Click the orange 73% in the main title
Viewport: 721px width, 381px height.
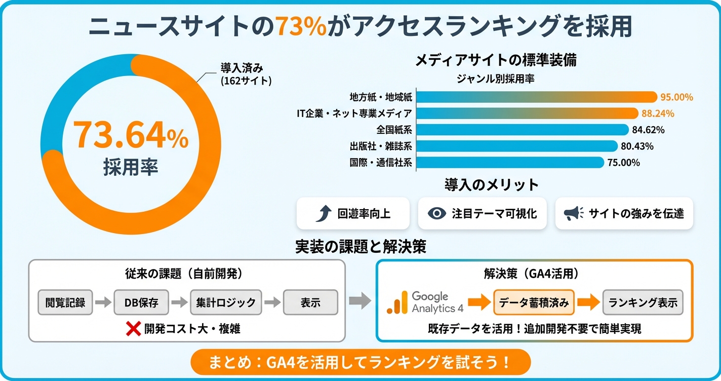click(x=301, y=26)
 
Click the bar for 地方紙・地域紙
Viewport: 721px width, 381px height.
click(x=537, y=97)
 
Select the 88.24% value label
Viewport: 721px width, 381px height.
click(x=658, y=113)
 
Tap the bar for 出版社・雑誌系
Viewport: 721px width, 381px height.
click(x=516, y=146)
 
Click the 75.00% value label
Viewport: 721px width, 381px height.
click(x=623, y=163)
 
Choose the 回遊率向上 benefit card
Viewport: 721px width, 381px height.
click(x=352, y=213)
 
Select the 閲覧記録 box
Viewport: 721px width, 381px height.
click(x=65, y=303)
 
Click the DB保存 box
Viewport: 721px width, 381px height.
click(x=141, y=303)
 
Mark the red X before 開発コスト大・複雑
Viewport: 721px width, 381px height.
click(x=133, y=329)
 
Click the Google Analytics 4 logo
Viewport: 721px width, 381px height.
click(x=425, y=302)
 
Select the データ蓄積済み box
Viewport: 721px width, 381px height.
click(x=534, y=303)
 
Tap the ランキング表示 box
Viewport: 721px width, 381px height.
click(x=643, y=303)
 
